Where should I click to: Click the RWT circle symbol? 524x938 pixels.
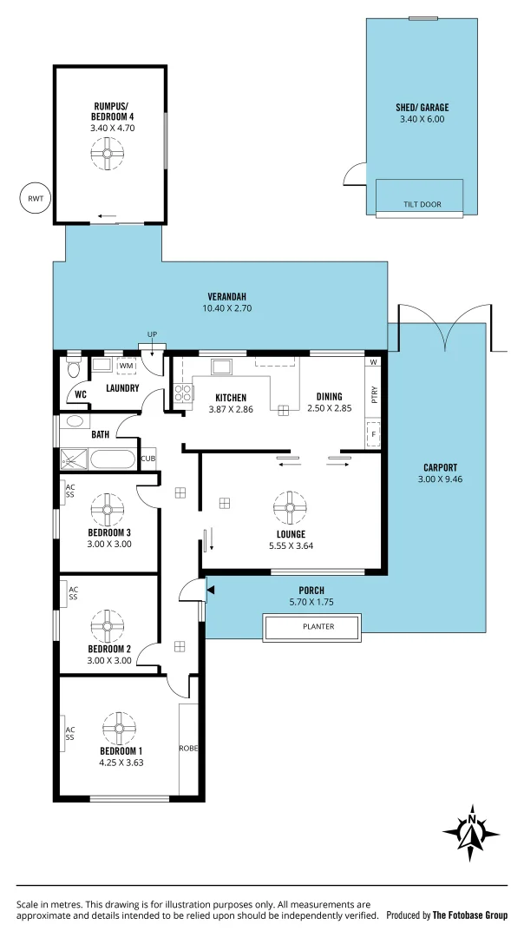tap(36, 199)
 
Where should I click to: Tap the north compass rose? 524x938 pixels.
tap(471, 834)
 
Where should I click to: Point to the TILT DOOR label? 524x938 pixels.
tap(422, 205)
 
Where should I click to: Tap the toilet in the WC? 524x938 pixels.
tap(74, 368)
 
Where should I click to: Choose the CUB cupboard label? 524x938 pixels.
tap(147, 459)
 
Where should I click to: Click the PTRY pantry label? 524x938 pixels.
tap(374, 395)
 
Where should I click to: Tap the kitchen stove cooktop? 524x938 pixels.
tap(183, 393)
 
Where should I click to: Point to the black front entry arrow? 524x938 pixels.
tap(210, 591)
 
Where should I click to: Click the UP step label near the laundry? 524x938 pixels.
tap(152, 334)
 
